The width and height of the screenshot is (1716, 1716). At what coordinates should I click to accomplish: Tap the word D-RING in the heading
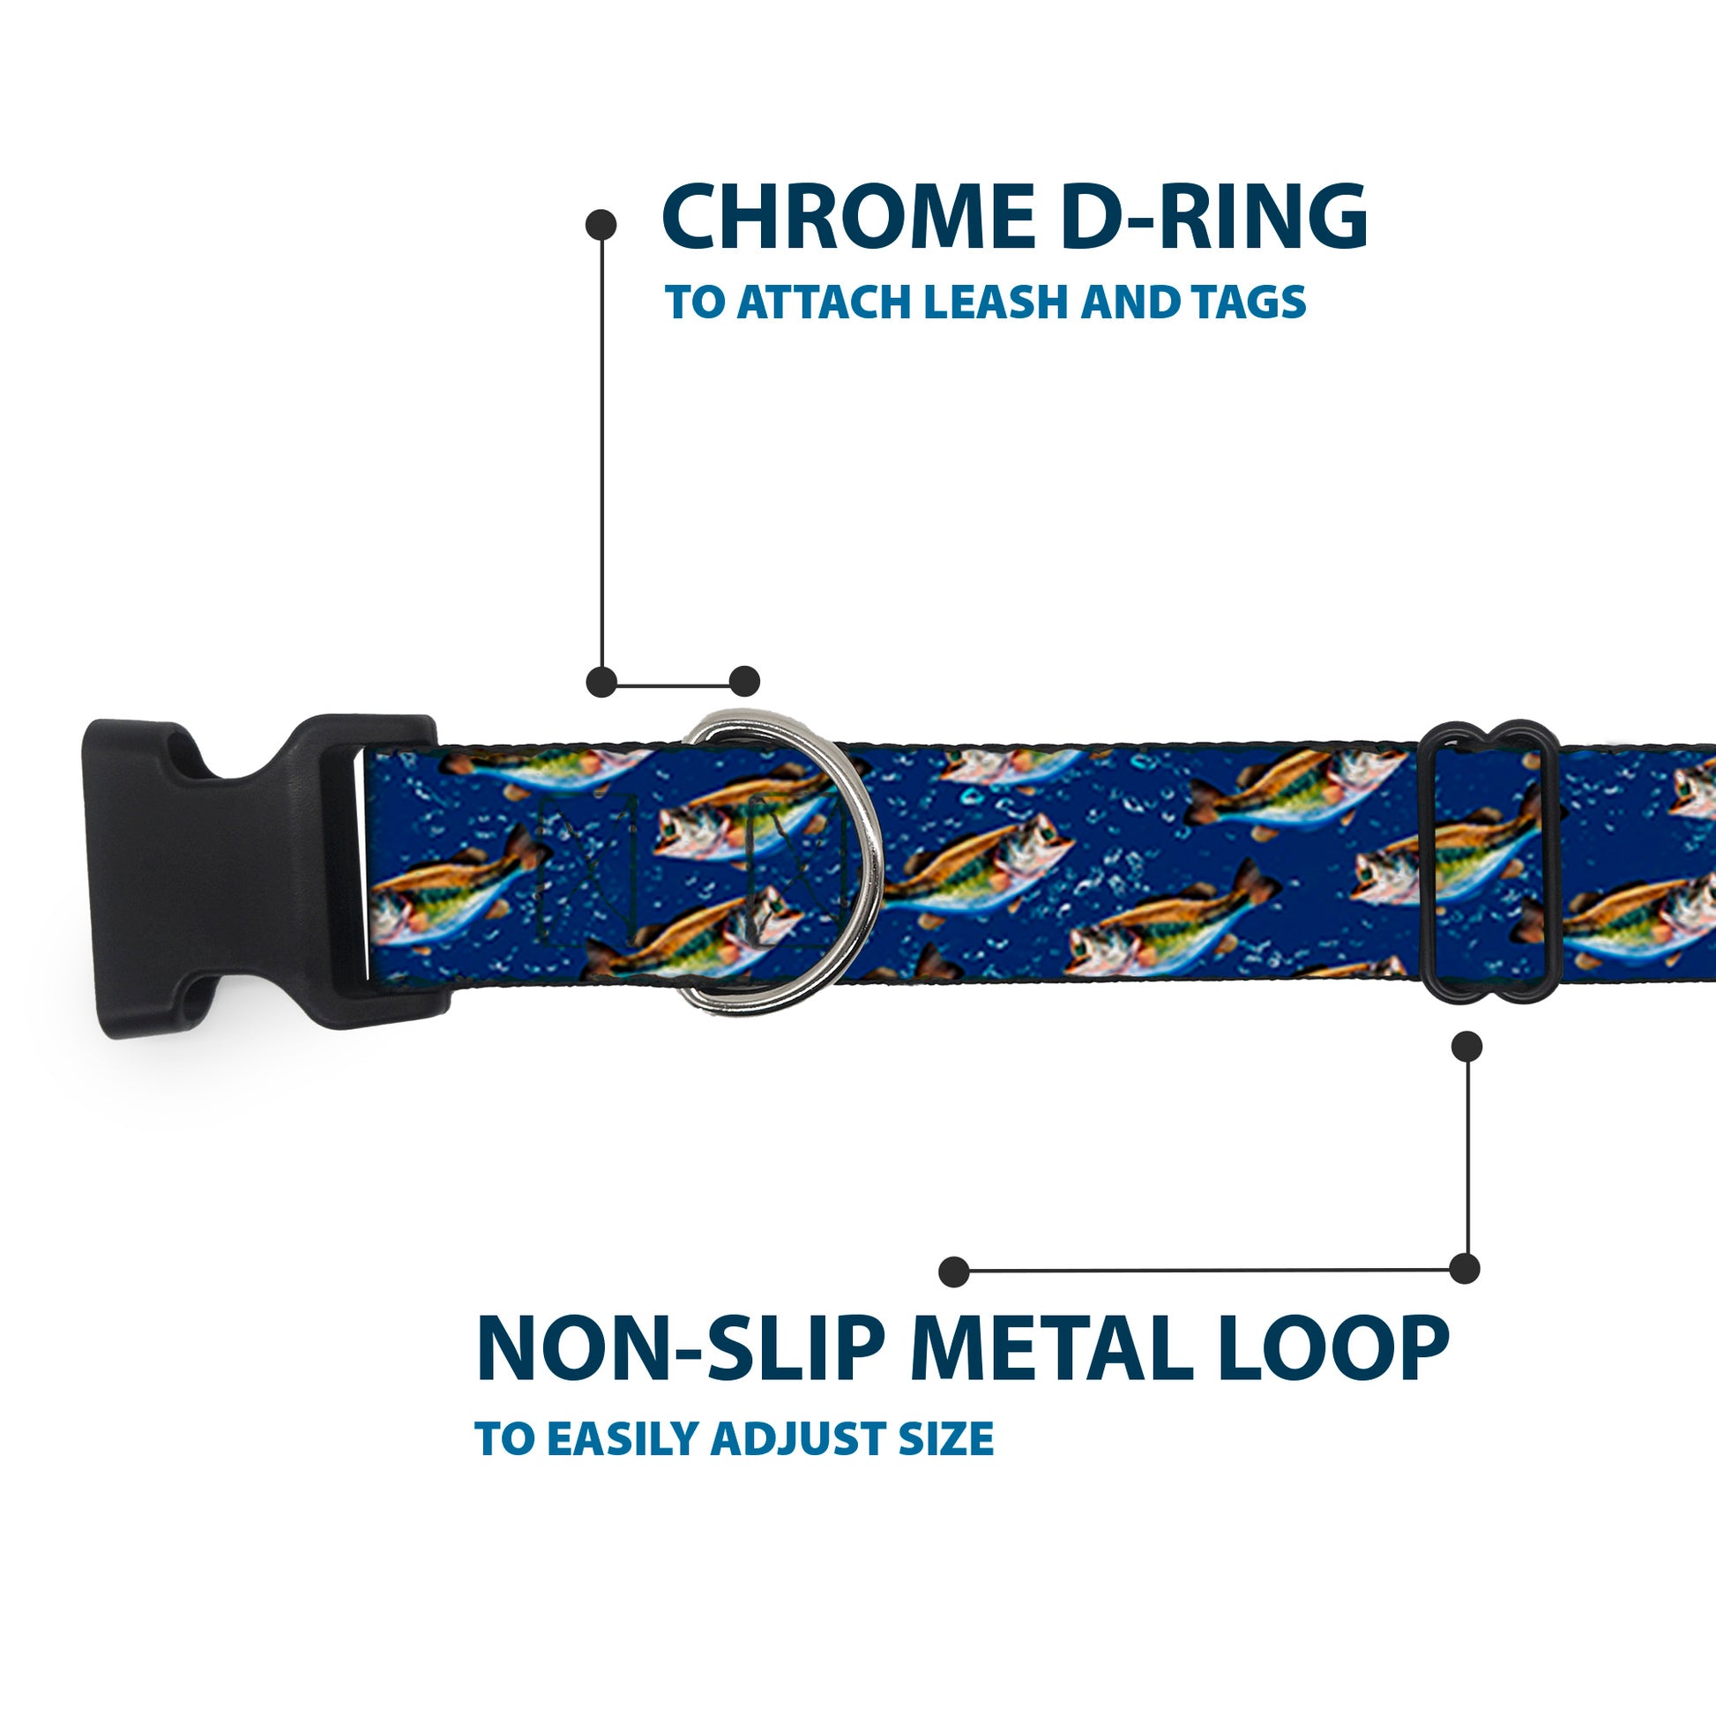1213,217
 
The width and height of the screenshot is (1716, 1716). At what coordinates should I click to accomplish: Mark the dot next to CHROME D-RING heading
601,225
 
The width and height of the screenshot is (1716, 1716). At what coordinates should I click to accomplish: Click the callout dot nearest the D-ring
744,682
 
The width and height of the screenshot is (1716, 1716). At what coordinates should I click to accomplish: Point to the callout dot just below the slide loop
1466,1047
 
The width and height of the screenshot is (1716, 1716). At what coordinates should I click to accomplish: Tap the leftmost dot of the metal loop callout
953,1271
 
